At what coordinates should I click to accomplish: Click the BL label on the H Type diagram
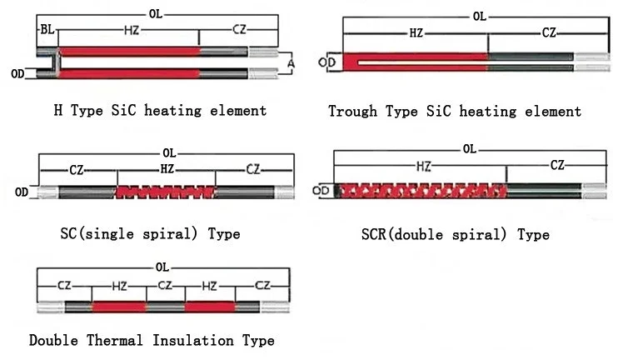pos(47,29)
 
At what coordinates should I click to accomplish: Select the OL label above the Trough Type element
pos(479,17)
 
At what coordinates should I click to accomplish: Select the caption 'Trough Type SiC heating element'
pos(455,111)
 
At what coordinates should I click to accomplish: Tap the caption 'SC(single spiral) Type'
pos(151,234)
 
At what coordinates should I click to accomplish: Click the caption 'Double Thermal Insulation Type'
pos(152,340)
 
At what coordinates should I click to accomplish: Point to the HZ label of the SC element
pos(166,169)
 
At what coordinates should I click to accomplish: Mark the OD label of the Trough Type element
pos(330,61)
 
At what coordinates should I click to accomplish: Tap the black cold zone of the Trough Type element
pos(531,61)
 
